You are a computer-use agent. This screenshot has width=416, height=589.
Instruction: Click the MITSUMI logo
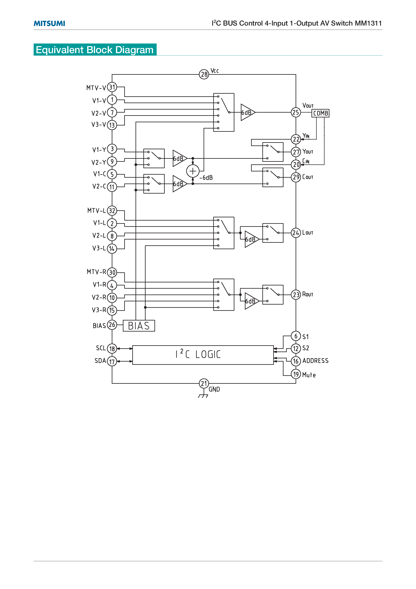click(x=49, y=23)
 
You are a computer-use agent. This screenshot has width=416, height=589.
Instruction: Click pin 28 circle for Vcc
click(x=204, y=74)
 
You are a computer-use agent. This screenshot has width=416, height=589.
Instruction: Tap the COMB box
click(x=320, y=113)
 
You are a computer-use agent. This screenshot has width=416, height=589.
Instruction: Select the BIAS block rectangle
click(x=139, y=326)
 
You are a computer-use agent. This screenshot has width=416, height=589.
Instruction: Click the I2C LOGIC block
click(x=203, y=355)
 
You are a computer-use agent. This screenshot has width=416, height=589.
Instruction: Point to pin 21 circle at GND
click(x=204, y=384)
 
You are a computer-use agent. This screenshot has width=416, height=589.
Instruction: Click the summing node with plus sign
click(x=193, y=171)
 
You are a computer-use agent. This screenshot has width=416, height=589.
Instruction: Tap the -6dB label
click(x=206, y=177)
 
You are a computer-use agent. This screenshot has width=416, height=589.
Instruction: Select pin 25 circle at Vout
click(x=296, y=112)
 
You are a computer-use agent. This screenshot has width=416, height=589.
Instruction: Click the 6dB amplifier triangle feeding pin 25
click(x=247, y=112)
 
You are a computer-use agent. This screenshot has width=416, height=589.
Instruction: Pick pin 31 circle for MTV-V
click(x=112, y=87)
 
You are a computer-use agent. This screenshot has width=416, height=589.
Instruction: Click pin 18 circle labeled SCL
click(x=112, y=349)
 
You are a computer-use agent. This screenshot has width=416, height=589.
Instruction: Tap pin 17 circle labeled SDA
click(x=112, y=361)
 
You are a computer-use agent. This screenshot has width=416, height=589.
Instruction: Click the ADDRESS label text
click(x=315, y=361)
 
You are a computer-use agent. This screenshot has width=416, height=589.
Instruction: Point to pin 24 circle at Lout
click(x=296, y=233)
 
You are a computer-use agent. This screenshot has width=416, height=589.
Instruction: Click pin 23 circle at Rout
click(x=296, y=294)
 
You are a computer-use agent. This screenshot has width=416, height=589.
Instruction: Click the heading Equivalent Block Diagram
click(x=95, y=50)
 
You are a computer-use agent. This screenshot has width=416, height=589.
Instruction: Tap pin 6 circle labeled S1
click(x=296, y=336)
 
